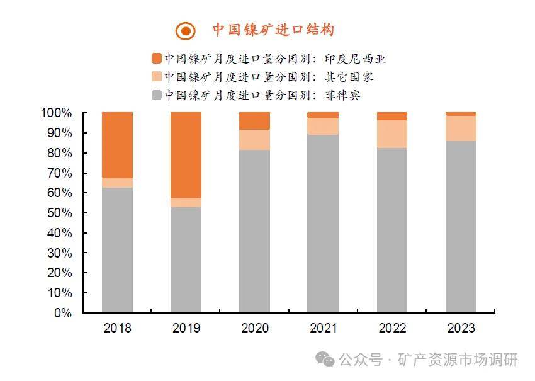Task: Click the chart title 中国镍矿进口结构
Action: tap(273, 30)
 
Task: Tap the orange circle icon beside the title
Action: tap(186, 30)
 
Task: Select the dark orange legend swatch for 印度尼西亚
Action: tap(156, 59)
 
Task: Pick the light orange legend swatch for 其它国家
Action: tap(156, 77)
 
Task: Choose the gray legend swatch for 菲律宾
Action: tap(156, 95)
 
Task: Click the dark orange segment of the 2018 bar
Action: tap(117, 145)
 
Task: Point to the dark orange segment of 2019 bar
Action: tap(186, 155)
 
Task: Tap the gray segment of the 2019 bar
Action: tap(186, 259)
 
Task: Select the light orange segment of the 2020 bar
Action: tap(255, 139)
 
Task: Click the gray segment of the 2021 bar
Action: tap(324, 224)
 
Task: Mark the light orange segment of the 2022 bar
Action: tap(392, 134)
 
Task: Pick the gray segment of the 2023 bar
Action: tap(461, 227)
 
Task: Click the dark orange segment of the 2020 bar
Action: tap(255, 121)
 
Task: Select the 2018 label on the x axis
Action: tap(117, 328)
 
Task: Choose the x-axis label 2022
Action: tap(392, 328)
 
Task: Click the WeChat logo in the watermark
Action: tap(325, 359)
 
